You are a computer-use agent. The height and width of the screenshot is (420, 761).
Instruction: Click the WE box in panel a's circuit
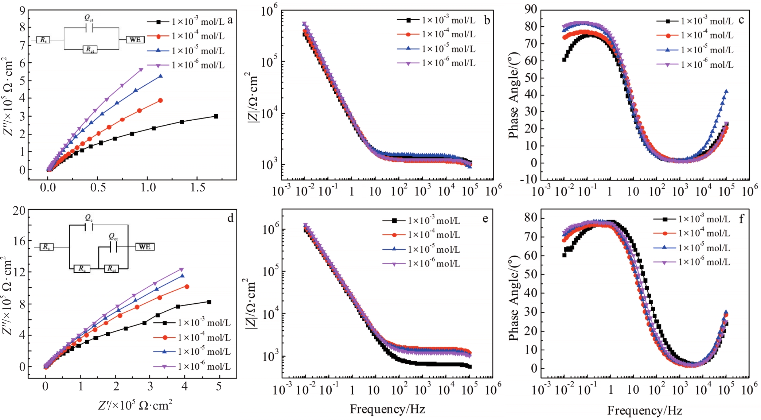pos(135,39)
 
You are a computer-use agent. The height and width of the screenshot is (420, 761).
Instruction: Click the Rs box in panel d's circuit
pos(46,247)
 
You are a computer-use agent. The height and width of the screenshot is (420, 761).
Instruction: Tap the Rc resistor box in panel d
pos(82,269)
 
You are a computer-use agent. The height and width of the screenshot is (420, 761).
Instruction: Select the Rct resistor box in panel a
pos(90,49)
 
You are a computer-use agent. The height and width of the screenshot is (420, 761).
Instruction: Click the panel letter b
pos(487,20)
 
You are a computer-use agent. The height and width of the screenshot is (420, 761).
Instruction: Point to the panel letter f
pos(741,219)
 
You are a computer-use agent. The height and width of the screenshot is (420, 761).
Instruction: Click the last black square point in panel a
pos(216,116)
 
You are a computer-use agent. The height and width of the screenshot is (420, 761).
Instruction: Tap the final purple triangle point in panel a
pos(141,70)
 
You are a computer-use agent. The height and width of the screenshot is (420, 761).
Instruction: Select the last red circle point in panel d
pos(187,287)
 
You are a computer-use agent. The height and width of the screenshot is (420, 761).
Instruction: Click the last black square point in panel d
pos(209,302)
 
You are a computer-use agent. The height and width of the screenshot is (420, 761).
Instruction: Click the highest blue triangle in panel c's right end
pos(726,92)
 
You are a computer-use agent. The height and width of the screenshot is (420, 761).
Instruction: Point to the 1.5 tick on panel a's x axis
pos(198,188)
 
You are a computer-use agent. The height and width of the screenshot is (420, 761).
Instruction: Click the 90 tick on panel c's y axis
pos(531,9)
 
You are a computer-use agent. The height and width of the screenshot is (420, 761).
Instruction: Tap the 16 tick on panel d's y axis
pos(19,241)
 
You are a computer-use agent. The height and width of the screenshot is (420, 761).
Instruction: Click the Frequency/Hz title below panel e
pos(387,409)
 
